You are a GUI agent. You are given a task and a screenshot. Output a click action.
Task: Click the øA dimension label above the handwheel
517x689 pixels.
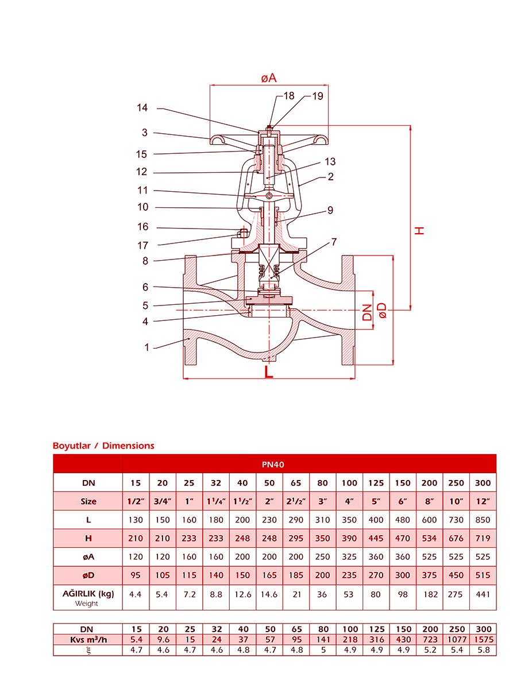269,78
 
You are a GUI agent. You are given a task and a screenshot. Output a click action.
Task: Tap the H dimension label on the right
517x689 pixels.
419,231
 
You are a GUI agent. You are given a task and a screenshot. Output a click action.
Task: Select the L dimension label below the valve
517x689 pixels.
269,372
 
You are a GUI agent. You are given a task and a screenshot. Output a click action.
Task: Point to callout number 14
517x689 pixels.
142,108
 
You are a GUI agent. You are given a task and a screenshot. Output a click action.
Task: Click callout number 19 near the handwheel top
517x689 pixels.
317,96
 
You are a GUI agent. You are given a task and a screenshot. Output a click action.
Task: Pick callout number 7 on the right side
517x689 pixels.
334,242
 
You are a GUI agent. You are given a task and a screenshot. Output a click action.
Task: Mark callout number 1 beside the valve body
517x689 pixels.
146,347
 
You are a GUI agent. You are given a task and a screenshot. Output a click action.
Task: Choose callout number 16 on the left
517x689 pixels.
143,227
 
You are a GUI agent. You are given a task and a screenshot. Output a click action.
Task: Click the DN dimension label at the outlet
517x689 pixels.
367,312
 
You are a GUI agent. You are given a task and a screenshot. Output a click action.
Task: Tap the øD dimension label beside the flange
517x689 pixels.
383,311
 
